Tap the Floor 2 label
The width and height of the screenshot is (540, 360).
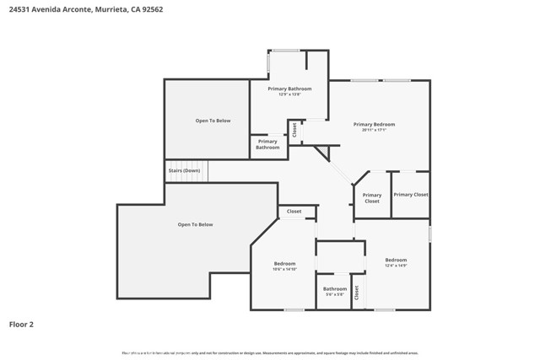click(21, 324)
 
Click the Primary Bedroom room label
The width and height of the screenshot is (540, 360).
click(374, 124)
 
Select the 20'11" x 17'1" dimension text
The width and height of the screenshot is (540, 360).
click(374, 131)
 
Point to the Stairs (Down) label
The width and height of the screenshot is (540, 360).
click(184, 170)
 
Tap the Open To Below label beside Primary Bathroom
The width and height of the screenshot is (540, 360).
click(213, 121)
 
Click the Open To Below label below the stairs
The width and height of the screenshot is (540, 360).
click(195, 224)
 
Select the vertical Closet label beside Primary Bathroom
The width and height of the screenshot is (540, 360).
click(294, 130)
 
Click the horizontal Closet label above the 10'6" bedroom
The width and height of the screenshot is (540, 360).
click(294, 212)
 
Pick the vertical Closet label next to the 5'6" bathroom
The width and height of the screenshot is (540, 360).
click(357, 293)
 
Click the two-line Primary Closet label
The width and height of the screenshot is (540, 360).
click(372, 198)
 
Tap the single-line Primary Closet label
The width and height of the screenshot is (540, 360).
click(411, 195)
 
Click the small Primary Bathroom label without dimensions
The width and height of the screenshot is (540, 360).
click(267, 144)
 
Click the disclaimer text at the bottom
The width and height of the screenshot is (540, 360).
click(270, 353)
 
